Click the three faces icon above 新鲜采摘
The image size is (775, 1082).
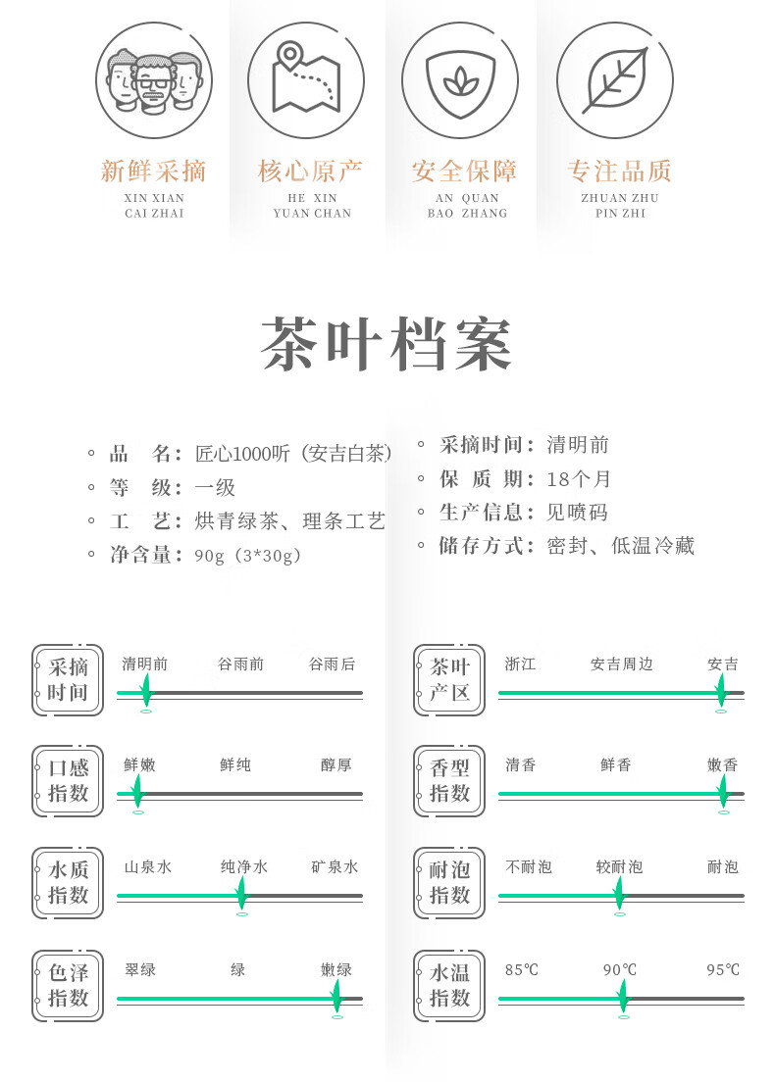pos(154,80)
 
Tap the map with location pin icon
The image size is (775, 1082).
pos(306,80)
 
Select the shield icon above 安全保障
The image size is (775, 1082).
pos(461,80)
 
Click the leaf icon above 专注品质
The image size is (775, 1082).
pos(615,80)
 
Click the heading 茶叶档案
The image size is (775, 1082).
pos(387,345)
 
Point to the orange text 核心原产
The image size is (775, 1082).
pos(310,172)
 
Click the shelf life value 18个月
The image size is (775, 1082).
pos(579,479)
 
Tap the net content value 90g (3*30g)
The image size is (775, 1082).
pos(247,556)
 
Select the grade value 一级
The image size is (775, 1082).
pos(215,487)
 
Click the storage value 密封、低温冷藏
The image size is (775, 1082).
pos(620,546)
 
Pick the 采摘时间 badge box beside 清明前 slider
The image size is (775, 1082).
pos(68,680)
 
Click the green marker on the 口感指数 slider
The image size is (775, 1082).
pos(137,792)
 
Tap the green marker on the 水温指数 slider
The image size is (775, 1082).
pos(622,998)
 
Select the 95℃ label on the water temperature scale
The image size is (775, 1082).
pos(723,970)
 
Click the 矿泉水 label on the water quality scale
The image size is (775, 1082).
pos(335,867)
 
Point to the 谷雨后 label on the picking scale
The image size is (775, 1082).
pos(332,664)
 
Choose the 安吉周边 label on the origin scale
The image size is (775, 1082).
pos(621,664)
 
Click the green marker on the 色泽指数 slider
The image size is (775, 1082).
pos(336,998)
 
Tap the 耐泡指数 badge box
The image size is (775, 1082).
pos(450,883)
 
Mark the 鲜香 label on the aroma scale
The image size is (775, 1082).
pos(616,765)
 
